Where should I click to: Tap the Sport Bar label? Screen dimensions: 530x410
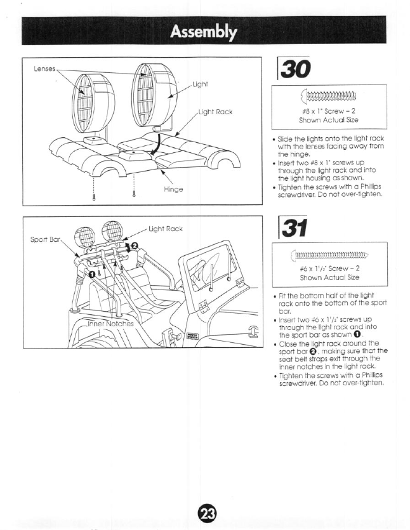(x=45, y=242)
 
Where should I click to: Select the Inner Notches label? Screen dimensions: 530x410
(x=110, y=323)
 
